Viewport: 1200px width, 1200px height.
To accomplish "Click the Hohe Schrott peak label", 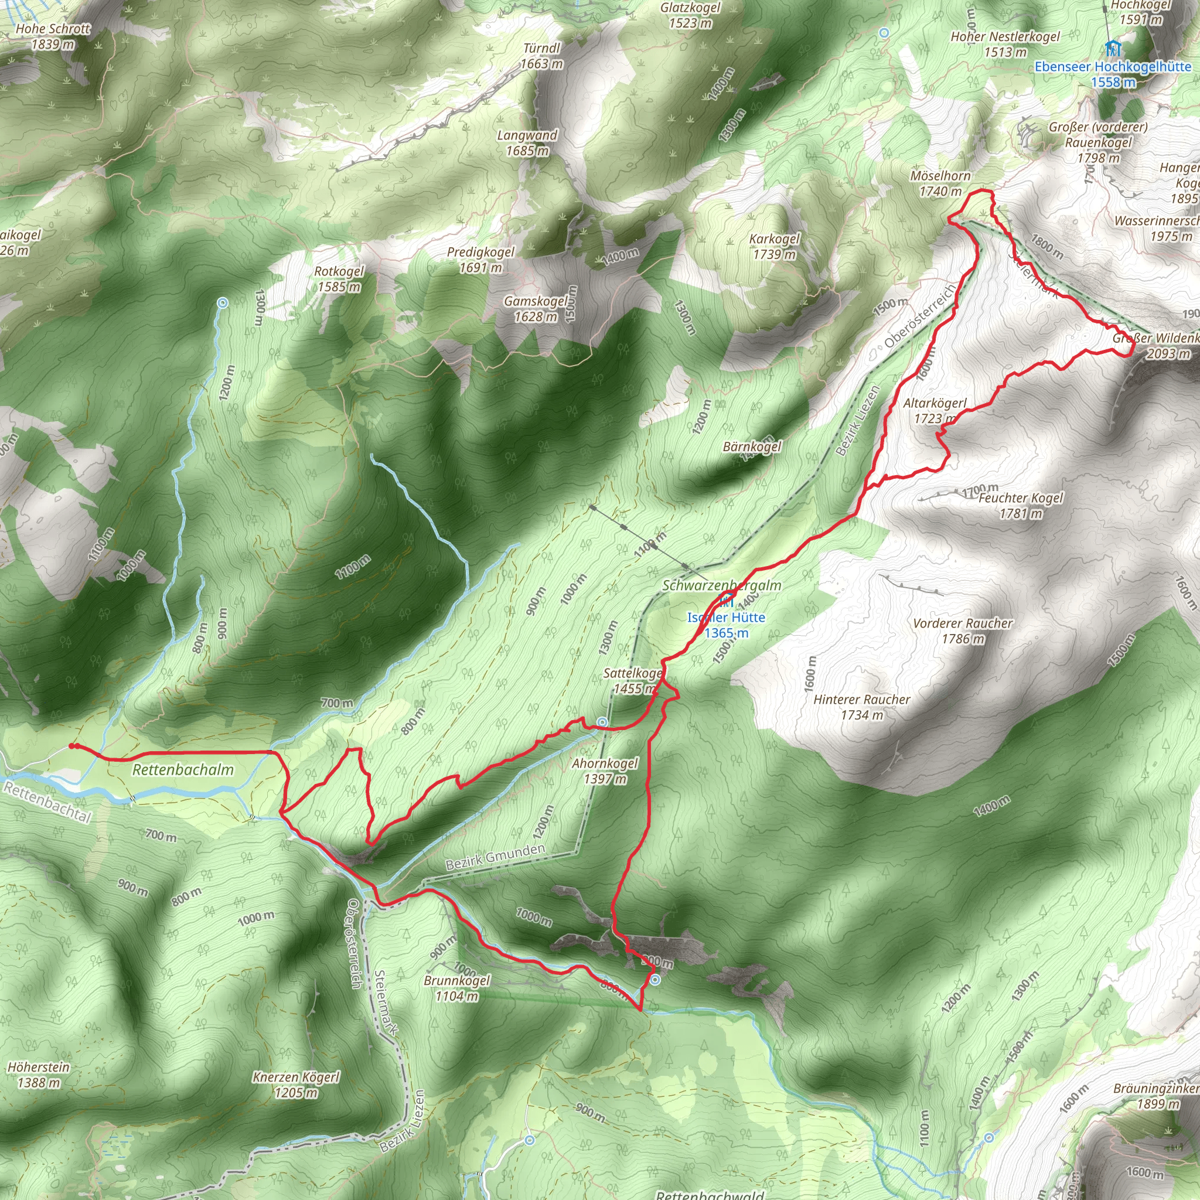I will coord(53,36).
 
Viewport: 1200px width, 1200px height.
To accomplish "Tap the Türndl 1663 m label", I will coord(541,56).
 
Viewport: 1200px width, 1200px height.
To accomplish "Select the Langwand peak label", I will coord(527,143).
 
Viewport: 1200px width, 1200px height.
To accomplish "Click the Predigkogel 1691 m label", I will coord(480,260).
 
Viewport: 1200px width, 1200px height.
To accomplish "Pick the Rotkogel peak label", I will coord(339,279).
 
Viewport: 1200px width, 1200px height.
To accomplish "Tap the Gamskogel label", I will coord(536,309).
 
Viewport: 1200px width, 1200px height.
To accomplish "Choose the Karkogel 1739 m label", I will coord(775,247).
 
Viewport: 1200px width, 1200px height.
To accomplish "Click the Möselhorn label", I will coord(940,183).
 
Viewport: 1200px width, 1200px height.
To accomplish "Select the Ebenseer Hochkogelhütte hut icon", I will coord(1113,48).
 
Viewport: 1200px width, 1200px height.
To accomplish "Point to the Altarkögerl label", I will coord(935,411).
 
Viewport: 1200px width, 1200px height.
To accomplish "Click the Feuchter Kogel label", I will coord(1021,505).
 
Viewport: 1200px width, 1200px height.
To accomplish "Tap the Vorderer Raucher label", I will coord(963,630).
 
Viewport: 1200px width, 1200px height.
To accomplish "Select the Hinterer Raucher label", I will coord(861,707).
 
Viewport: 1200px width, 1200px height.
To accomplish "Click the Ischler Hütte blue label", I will coord(726,625).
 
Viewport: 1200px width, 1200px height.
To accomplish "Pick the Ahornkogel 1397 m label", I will coord(605,771).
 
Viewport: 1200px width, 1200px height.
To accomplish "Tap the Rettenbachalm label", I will coord(183,770).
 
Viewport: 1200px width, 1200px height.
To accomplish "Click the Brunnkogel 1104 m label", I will coord(457,987).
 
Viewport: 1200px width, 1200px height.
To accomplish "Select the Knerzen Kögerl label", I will coord(296,1085).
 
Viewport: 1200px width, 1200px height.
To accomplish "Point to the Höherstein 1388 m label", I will coord(39,1075).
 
